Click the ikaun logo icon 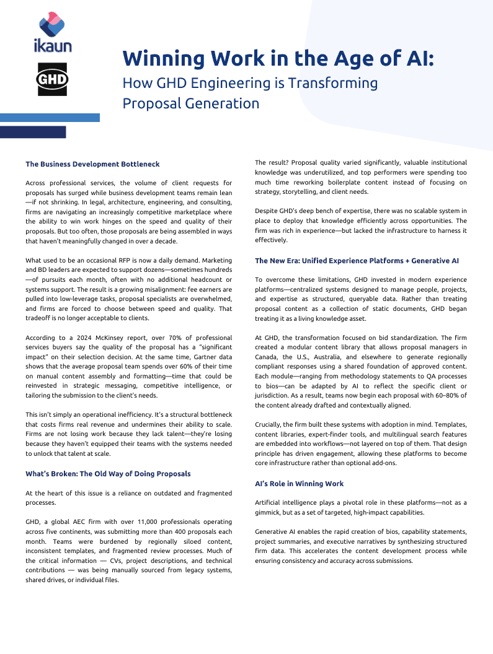(53, 28)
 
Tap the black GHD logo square (53, 80)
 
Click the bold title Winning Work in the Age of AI (278, 58)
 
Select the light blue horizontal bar (50, 117)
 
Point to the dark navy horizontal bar (33, 132)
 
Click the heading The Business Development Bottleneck (92, 164)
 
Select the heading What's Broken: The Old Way (108, 474)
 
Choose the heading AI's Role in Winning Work (299, 483)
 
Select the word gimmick (271, 512)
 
